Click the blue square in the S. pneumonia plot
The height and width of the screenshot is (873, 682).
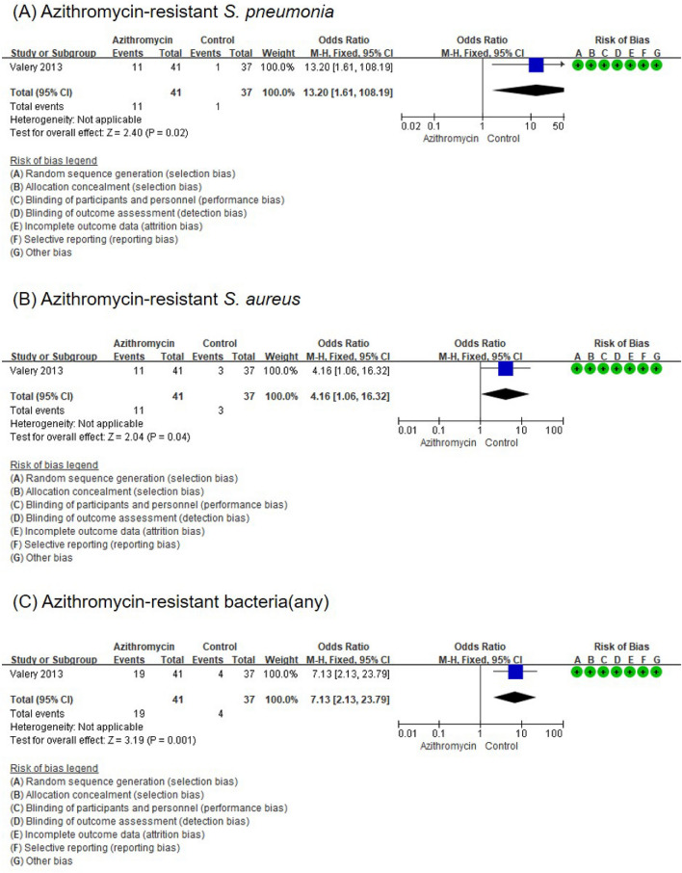click(537, 66)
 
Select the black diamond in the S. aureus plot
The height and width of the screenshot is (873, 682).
click(506, 393)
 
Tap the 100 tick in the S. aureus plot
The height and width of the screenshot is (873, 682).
click(555, 430)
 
